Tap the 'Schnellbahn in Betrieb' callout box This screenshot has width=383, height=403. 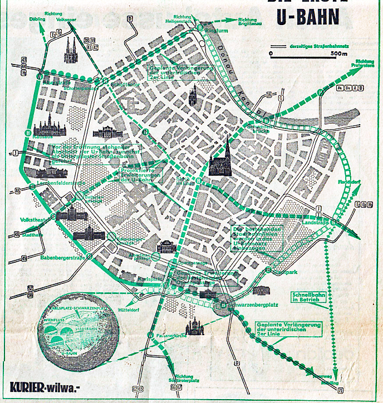(x=305, y=297)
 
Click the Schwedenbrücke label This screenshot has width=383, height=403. (x=264, y=127)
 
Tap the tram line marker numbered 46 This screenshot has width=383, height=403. (x=18, y=191)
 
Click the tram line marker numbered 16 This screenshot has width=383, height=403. (x=269, y=95)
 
